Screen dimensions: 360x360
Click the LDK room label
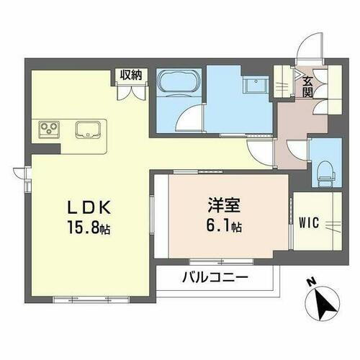pyautogui.click(x=89, y=207)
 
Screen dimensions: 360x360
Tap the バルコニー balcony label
pyautogui.click(x=215, y=277)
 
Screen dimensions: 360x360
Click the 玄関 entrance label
pyautogui.click(x=307, y=86)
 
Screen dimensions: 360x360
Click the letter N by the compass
pyautogui.click(x=309, y=282)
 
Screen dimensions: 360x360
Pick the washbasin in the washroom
pyautogui.click(x=254, y=85)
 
